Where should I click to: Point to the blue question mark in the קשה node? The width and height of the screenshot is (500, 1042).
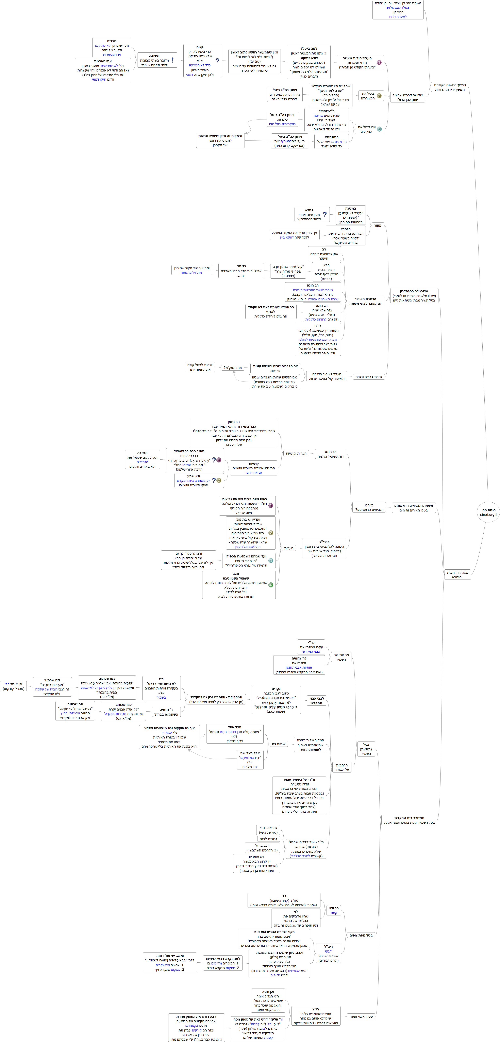217,61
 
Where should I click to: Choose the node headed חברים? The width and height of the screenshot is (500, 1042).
112,48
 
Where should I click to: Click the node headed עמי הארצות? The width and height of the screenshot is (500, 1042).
103,70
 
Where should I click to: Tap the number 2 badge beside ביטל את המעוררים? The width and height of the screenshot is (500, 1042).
379,96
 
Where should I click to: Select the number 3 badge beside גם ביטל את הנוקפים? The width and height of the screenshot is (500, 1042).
379,129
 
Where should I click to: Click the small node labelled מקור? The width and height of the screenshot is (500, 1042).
377,225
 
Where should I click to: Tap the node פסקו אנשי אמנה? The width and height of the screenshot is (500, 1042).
361,1016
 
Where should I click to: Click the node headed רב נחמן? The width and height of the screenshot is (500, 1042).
233,433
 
